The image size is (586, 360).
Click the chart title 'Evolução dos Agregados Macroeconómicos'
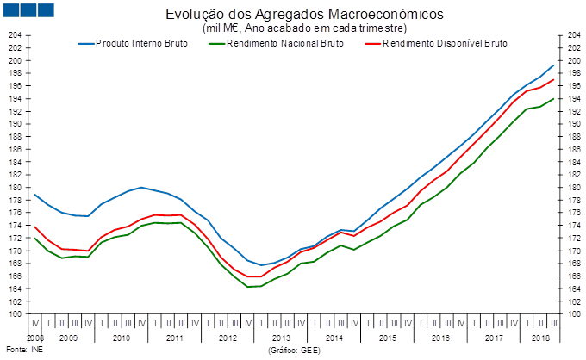click(x=293, y=15)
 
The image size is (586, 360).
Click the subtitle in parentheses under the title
click(x=293, y=28)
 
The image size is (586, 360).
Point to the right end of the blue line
click(x=553, y=65)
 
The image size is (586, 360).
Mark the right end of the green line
click(x=553, y=98)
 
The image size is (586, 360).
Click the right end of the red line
click(x=553, y=79)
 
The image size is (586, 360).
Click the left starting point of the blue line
click(x=34, y=195)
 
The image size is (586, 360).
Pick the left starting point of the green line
click(x=34, y=238)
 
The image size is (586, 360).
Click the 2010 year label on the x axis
click(x=122, y=338)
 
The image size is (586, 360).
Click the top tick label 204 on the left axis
click(x=15, y=35)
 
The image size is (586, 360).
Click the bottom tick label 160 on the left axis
click(x=15, y=313)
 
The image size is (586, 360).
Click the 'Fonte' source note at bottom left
click(x=14, y=351)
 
